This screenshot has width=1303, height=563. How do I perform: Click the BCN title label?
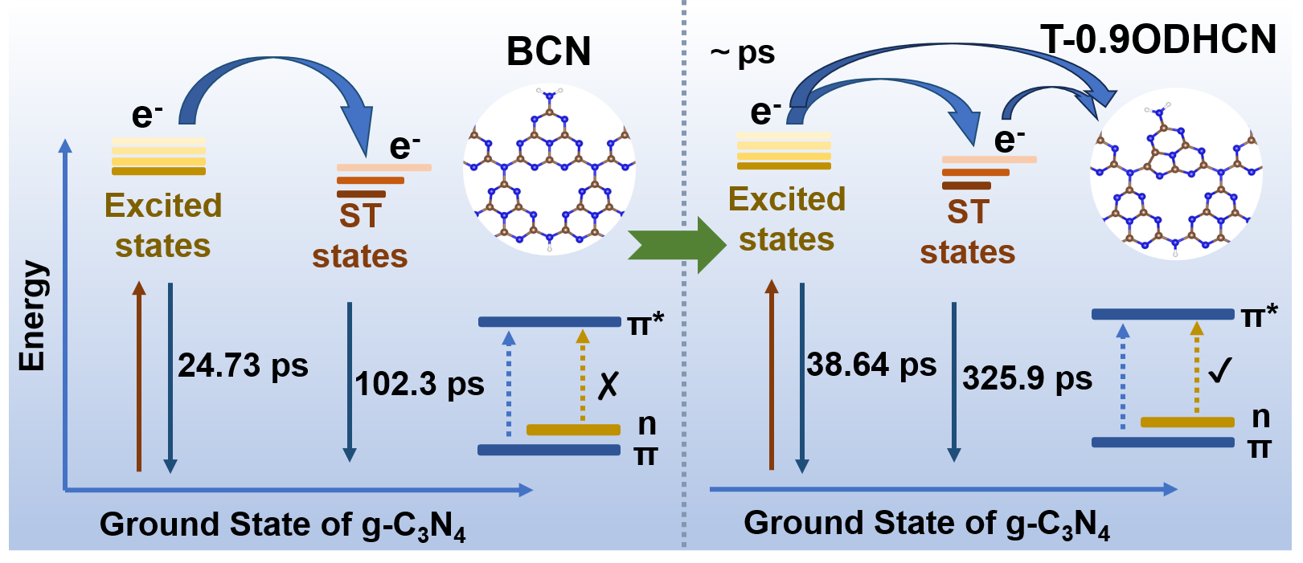[x=548, y=52]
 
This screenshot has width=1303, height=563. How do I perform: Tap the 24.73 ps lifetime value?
[x=243, y=365]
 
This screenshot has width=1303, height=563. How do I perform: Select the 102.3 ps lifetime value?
[x=420, y=384]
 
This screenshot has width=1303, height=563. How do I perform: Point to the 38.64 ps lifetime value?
[x=871, y=365]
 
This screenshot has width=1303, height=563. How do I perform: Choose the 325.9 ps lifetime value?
[x=1027, y=377]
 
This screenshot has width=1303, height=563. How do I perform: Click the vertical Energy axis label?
[x=32, y=316]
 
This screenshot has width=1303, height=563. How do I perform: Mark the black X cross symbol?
[x=608, y=386]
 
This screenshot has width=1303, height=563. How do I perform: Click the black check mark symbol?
[x=1219, y=370]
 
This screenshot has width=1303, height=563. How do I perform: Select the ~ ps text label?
[x=742, y=53]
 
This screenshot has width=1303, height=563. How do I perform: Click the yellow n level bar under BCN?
[x=573, y=430]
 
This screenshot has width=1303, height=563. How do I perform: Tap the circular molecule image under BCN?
[x=549, y=169]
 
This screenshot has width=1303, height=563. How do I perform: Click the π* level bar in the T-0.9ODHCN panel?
[x=1162, y=314]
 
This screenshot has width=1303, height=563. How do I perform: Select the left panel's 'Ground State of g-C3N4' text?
[x=282, y=525]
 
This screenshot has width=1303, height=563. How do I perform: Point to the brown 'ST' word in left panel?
[x=359, y=215]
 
